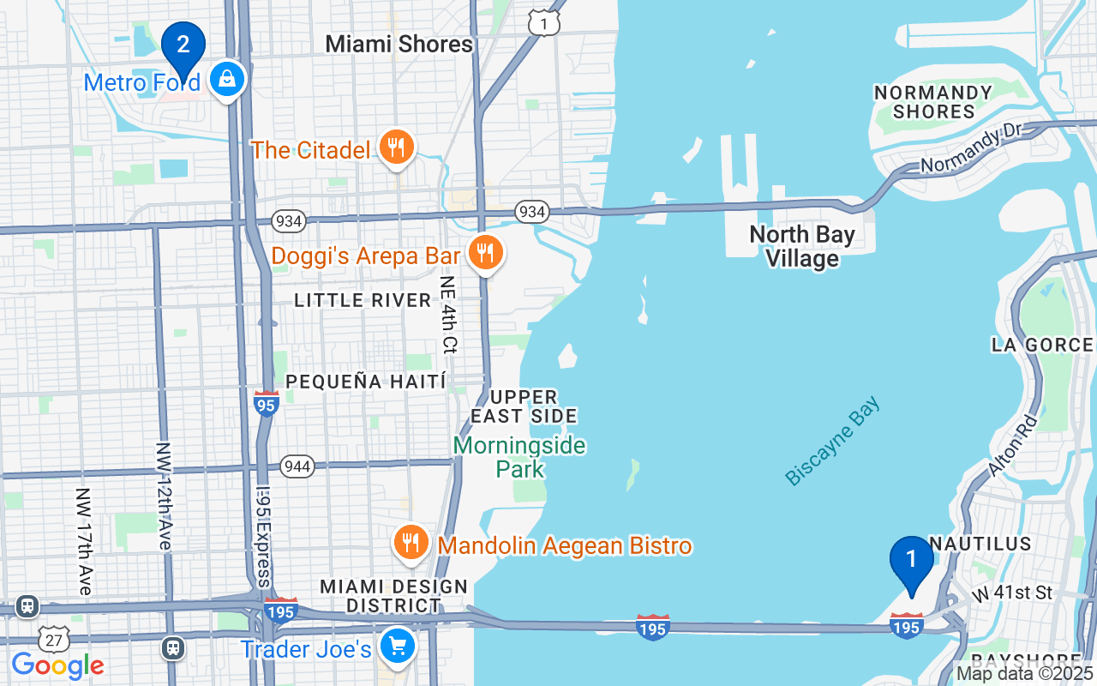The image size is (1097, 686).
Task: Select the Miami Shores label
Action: [399, 44]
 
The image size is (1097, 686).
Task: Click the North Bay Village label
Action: [801, 246]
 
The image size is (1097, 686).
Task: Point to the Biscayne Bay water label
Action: [832, 442]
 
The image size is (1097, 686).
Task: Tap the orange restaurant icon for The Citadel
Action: [395, 148]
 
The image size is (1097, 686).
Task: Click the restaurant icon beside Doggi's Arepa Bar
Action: [486, 253]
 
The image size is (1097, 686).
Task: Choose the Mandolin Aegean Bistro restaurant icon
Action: [412, 543]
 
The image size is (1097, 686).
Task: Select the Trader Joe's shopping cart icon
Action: [397, 647]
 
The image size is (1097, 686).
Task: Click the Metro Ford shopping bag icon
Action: [226, 80]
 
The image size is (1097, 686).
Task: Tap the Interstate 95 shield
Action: [267, 403]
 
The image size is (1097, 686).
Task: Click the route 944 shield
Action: [297, 466]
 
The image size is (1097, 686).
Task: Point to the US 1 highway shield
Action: [544, 24]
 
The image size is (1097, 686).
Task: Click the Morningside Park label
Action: [519, 457]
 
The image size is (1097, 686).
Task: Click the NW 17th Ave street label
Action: [83, 541]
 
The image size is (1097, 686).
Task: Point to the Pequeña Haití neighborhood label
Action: [366, 382]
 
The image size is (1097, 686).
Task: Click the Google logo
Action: [57, 665]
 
